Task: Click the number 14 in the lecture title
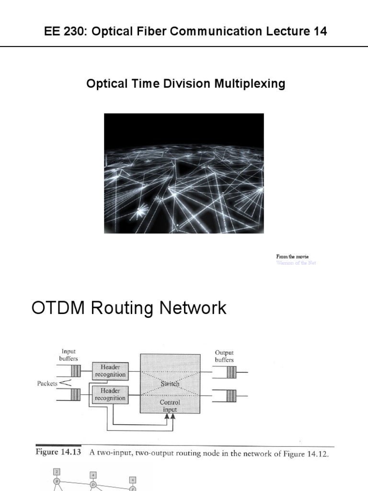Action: (x=320, y=32)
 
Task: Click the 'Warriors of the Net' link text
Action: (x=296, y=263)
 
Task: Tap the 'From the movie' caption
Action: (x=292, y=257)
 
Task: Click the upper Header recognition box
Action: (x=110, y=371)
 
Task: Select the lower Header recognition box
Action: (x=110, y=395)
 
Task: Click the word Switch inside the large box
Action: (x=170, y=384)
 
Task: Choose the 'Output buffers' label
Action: (x=225, y=357)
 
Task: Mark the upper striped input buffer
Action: (x=75, y=371)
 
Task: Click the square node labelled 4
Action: (x=93, y=476)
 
